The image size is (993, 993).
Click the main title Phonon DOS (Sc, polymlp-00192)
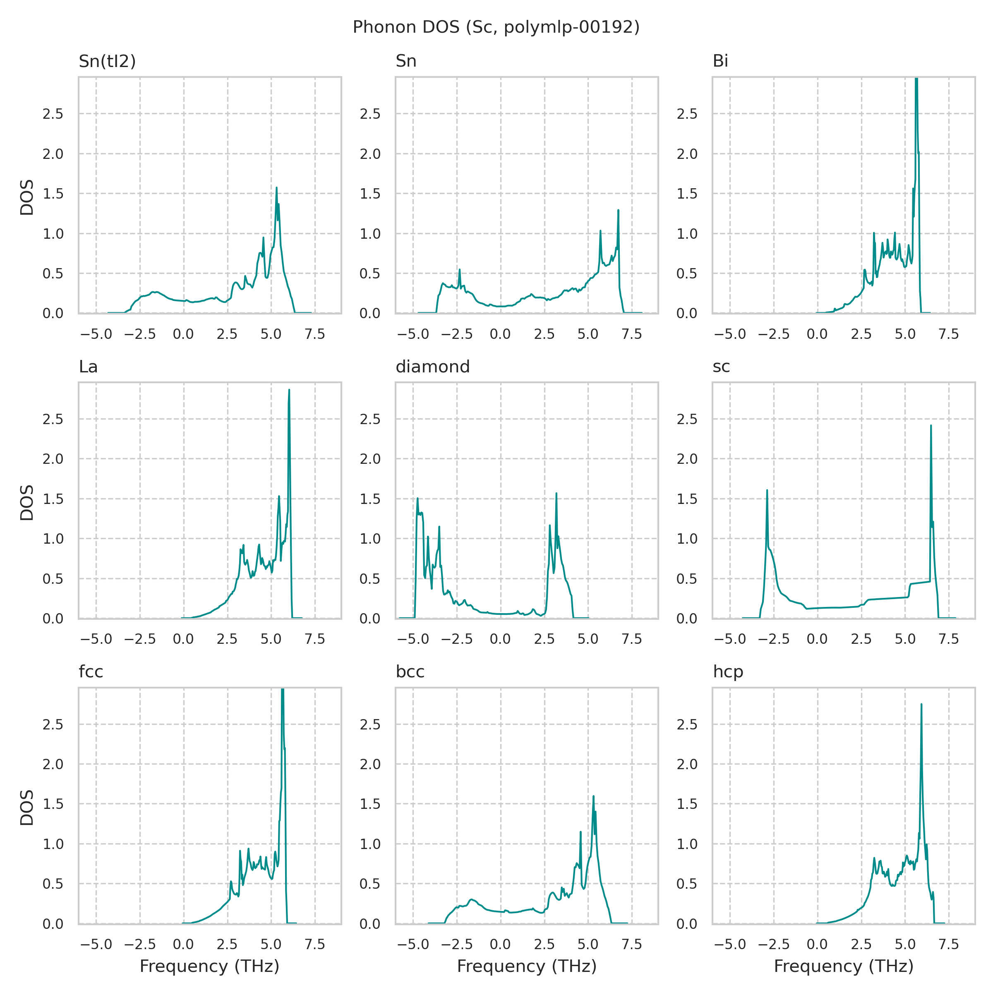(x=496, y=27)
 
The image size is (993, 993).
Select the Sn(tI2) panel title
(x=107, y=61)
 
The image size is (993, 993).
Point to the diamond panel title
(x=432, y=367)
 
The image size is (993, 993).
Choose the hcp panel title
(x=728, y=672)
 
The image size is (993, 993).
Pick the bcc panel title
(x=410, y=672)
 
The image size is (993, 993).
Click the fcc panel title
(x=91, y=672)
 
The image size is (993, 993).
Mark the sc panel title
(x=721, y=367)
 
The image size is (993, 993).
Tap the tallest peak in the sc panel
(x=931, y=426)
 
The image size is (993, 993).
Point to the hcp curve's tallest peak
(x=921, y=704)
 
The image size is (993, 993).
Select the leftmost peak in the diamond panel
(x=417, y=498)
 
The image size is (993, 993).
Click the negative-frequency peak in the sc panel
(x=767, y=490)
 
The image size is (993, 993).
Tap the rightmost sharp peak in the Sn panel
(x=618, y=210)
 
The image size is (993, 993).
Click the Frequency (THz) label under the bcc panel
(x=526, y=966)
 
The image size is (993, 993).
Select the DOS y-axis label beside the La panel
(x=27, y=502)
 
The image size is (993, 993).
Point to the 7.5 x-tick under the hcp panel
(x=949, y=944)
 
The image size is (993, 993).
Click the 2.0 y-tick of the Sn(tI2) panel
(x=53, y=154)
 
